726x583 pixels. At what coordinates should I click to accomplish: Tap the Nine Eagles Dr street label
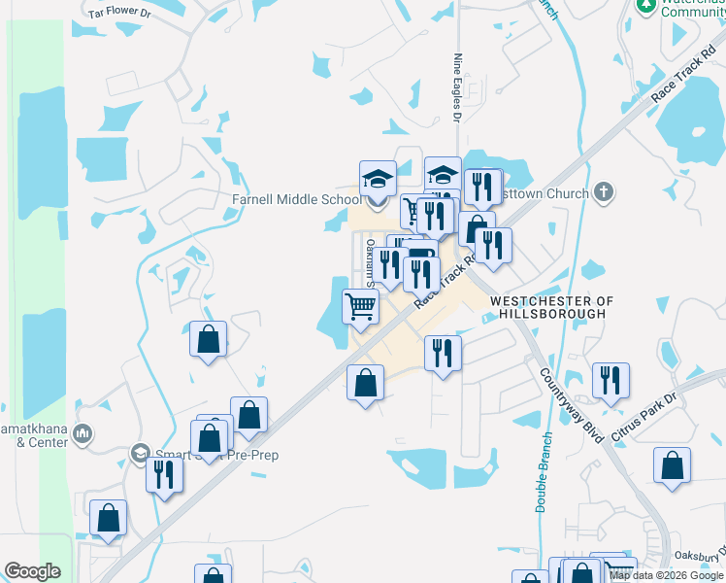tap(457, 88)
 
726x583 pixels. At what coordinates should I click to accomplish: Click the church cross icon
tap(604, 192)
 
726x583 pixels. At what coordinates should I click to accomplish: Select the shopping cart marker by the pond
tap(360, 307)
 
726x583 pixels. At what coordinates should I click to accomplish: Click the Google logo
tap(32, 571)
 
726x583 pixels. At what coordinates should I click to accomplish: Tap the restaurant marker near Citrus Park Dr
tap(610, 379)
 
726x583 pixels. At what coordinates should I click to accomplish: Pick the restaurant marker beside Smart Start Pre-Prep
tap(163, 474)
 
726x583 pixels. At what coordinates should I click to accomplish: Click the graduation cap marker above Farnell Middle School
tap(378, 179)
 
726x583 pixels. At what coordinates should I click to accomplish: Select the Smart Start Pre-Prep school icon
tap(141, 453)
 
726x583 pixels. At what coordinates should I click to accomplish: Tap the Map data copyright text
tap(666, 575)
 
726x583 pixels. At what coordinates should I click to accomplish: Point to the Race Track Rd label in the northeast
tap(683, 73)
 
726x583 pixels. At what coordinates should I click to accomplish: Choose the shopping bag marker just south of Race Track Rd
tap(365, 383)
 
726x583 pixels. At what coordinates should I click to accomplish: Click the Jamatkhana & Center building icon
tap(83, 432)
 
